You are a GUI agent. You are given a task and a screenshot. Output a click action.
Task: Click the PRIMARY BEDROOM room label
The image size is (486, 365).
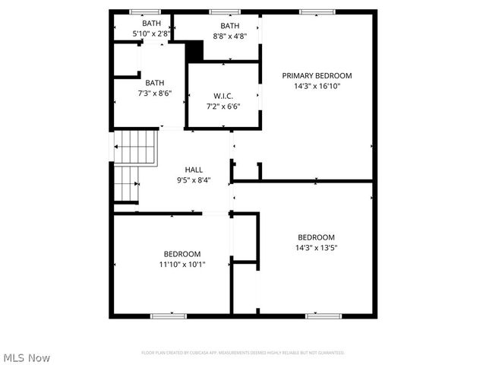tap(317, 75)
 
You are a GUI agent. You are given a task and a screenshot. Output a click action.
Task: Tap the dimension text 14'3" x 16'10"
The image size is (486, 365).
tap(317, 86)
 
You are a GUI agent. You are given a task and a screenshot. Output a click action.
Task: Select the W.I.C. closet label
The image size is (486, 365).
tap(222, 96)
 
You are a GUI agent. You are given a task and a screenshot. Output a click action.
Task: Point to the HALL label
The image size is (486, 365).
tap(194, 170)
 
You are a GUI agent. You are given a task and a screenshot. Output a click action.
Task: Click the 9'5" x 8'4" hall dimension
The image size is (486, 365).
tap(194, 180)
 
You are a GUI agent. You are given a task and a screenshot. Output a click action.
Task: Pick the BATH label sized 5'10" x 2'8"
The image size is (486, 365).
tap(151, 24)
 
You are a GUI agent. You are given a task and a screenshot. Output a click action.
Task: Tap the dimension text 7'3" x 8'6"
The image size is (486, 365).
tap(154, 94)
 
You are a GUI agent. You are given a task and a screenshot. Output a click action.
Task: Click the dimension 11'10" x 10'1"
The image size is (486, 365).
tap(182, 264)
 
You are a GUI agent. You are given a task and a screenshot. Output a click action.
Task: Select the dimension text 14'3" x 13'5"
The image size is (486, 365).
tap(316, 247)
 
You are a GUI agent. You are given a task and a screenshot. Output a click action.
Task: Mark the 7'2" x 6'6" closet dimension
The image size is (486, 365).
tap(222, 106)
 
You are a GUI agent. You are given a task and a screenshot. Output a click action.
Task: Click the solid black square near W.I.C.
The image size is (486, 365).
tap(195, 52)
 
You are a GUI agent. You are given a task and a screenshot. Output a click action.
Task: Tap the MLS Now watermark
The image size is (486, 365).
tap(27, 357)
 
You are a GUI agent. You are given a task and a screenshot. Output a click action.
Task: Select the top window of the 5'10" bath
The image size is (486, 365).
tap(144, 11)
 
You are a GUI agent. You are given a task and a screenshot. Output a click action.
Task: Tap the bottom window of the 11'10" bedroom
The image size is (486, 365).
tap(168, 315)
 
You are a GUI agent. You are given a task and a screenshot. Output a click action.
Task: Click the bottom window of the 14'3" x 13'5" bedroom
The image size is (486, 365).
tap(322, 315)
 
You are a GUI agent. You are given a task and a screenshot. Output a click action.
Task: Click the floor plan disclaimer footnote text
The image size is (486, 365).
tap(243, 353)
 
